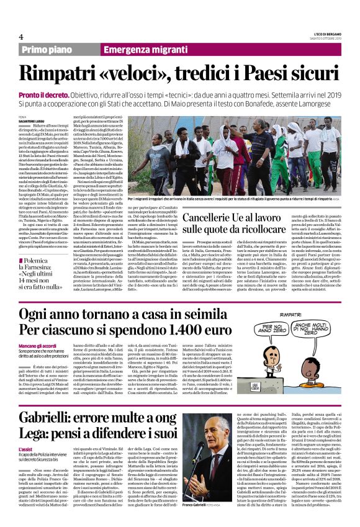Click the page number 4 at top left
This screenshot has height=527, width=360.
click(20, 37)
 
